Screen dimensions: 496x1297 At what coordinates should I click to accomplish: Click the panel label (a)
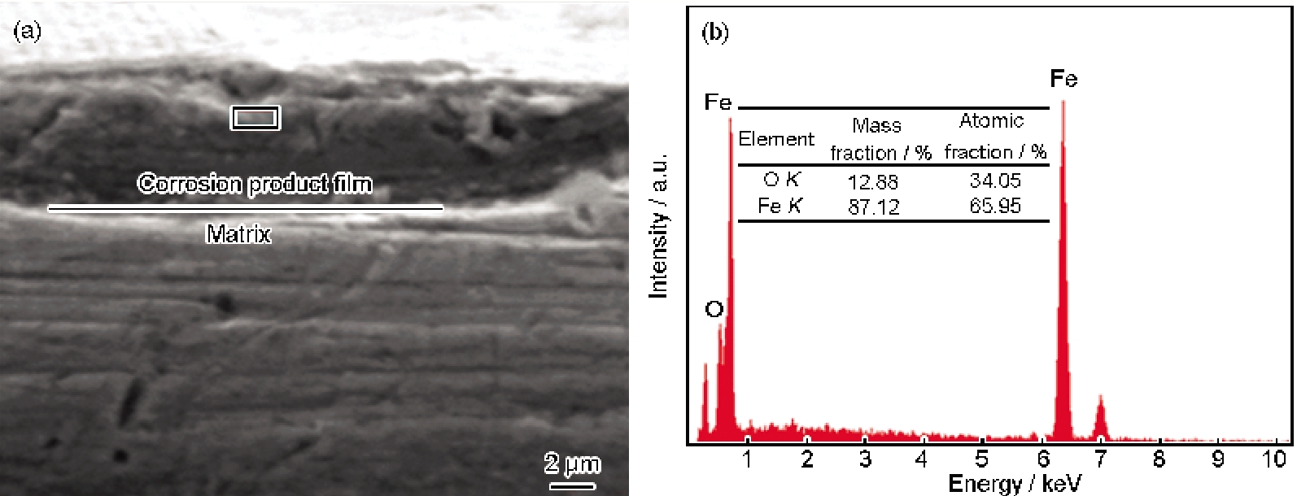[x=28, y=32]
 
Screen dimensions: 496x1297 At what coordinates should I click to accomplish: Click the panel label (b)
[x=715, y=33]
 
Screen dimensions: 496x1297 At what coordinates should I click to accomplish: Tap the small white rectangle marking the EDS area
[x=255, y=118]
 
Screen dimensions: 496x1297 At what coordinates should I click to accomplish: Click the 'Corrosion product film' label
[x=255, y=184]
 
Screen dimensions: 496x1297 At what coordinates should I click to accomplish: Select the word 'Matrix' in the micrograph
[x=238, y=235]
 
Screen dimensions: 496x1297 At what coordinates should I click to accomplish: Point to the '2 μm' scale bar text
[x=572, y=465]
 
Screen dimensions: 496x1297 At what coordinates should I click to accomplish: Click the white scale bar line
[x=572, y=486]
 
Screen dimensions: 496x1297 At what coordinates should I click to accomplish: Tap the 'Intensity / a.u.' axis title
[x=658, y=226]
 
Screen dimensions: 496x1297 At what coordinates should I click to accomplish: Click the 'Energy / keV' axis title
[x=1014, y=484]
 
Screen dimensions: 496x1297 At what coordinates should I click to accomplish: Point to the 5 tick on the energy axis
[x=982, y=459]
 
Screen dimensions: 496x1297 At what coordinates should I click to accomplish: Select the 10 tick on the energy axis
[x=1274, y=459]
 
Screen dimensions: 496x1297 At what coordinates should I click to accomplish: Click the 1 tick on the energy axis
[x=747, y=459]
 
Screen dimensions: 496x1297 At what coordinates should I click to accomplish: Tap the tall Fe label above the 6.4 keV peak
[x=1063, y=79]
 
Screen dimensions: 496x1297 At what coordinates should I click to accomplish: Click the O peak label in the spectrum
[x=714, y=310]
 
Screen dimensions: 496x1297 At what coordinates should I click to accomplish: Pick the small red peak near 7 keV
[x=1100, y=415]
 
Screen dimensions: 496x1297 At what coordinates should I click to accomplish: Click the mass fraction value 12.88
[x=873, y=181]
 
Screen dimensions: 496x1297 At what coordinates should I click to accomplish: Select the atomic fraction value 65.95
[x=994, y=206]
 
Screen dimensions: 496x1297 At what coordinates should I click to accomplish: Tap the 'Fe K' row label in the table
[x=779, y=206]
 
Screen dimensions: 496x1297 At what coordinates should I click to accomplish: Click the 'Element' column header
[x=775, y=139]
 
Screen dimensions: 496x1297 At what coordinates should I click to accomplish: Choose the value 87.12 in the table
[x=873, y=207]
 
